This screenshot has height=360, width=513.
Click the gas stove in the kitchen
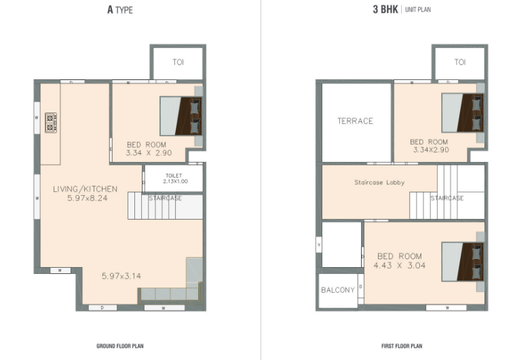(51, 123)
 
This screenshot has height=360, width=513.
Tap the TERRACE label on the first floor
(356, 121)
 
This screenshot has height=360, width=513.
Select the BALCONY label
(338, 290)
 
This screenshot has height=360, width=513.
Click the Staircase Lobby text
(379, 182)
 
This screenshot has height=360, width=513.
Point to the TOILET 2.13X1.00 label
(175, 178)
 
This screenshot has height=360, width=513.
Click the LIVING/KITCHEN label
(85, 189)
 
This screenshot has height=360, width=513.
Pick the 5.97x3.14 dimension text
(121, 276)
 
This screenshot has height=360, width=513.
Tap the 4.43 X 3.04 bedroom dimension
(400, 266)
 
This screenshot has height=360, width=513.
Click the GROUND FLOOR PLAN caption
(120, 346)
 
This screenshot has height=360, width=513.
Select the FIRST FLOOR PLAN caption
(402, 346)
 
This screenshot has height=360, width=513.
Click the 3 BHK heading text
(385, 9)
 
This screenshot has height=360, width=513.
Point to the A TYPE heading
(120, 9)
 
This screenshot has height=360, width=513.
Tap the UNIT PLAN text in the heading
(418, 9)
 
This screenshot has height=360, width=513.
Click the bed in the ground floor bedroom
(180, 116)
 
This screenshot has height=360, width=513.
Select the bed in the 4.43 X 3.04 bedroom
(463, 262)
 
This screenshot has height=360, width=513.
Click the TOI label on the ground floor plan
(178, 62)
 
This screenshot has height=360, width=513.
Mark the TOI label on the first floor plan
(460, 62)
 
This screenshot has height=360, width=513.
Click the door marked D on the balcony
(360, 286)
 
